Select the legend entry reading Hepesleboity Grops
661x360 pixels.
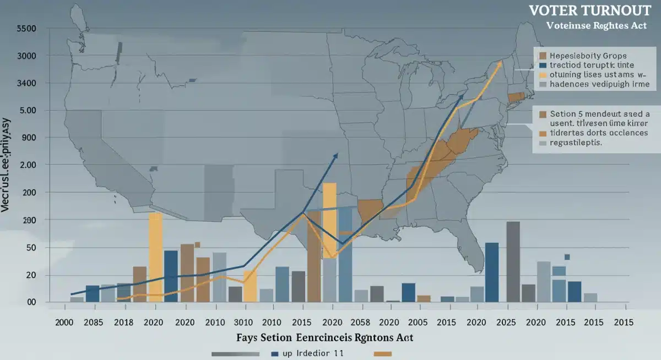click(x=589, y=56)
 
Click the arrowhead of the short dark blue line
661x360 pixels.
click(x=336, y=156)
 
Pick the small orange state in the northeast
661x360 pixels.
click(x=516, y=97)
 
